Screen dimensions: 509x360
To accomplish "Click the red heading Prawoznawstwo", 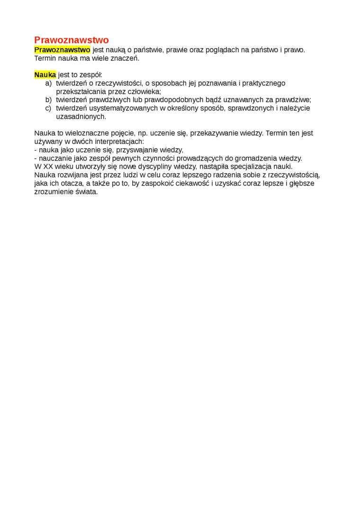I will (72, 40).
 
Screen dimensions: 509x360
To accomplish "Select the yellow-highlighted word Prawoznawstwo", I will (62, 50).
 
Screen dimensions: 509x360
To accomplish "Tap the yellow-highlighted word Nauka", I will (45, 75).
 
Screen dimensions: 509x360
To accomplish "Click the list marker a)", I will (48, 83).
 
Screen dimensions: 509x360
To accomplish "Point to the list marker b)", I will (48, 100).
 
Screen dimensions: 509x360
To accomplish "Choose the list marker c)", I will (48, 108).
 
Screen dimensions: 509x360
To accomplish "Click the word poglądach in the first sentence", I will (225, 50).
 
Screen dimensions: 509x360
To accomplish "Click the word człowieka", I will (143, 91).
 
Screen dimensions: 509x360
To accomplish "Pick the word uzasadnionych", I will (81, 116).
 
